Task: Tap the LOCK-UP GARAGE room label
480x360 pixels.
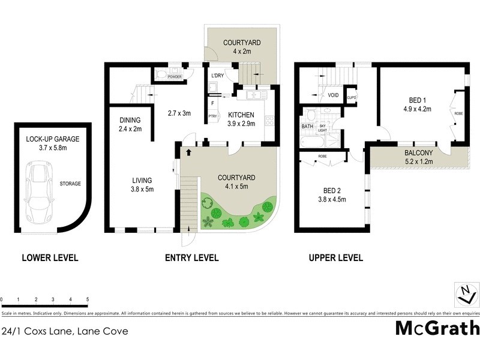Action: (x=53, y=139)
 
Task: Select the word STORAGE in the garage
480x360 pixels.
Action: (x=70, y=184)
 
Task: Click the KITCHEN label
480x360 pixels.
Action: (x=240, y=115)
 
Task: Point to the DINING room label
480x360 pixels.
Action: (x=130, y=119)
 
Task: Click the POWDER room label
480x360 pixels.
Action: (x=175, y=77)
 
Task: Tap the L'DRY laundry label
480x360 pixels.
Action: (x=218, y=76)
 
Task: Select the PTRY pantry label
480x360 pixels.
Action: (x=212, y=116)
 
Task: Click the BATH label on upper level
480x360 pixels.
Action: (x=307, y=127)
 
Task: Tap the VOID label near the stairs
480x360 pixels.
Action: (x=332, y=95)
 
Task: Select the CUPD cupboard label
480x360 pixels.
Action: (x=352, y=97)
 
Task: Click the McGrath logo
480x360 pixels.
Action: (x=437, y=328)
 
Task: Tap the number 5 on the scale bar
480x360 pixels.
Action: (x=88, y=299)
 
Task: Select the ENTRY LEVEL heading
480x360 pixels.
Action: (x=191, y=258)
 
